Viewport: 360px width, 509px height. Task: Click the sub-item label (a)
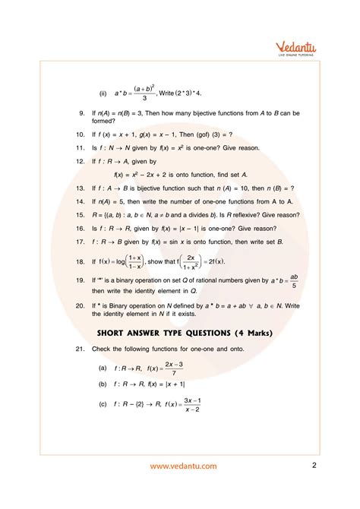pos(103,367)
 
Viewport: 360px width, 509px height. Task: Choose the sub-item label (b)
pos(103,384)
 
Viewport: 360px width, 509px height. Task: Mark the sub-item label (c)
pos(103,404)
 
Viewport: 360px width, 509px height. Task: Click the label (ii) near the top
pos(102,93)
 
